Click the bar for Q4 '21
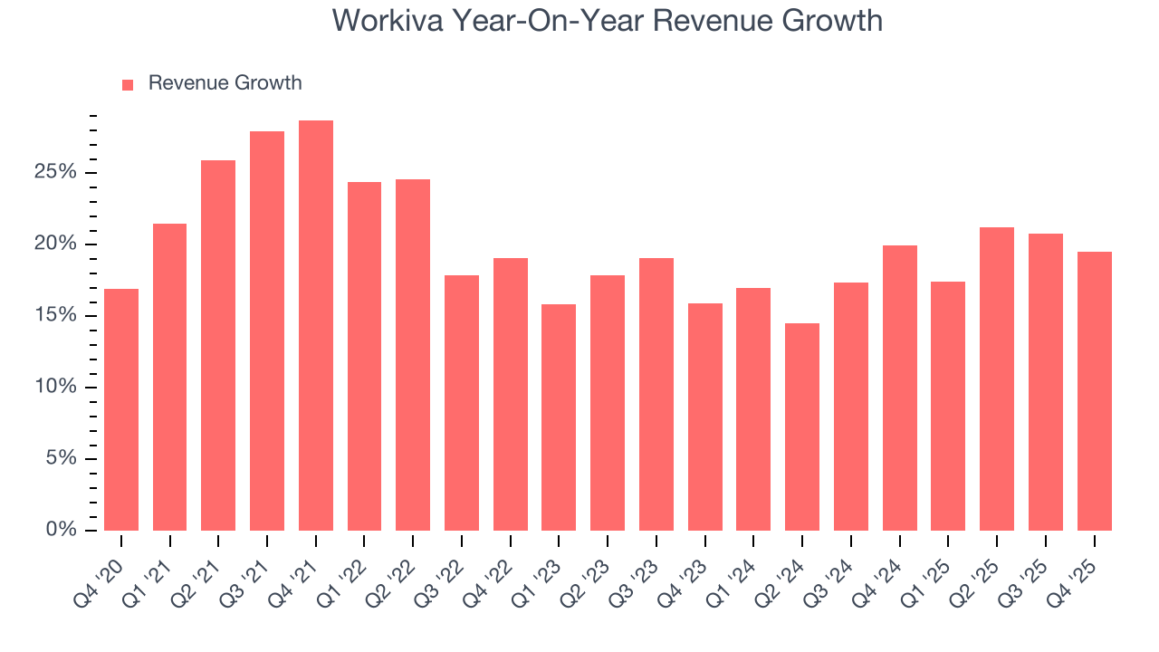(x=316, y=325)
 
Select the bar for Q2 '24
(x=802, y=427)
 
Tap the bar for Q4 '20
(x=121, y=409)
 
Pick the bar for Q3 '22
(x=462, y=403)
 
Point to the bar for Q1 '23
(x=559, y=417)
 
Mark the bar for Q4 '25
(x=1094, y=391)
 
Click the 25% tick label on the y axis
(x=56, y=173)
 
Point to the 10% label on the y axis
(x=56, y=388)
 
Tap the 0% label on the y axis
(x=61, y=530)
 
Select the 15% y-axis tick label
(x=56, y=316)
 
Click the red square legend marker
(x=128, y=84)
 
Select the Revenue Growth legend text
(x=225, y=83)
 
